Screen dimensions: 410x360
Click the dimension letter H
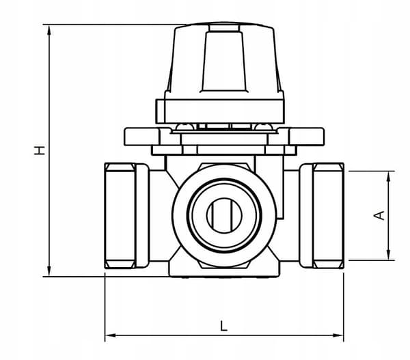[x=40, y=150]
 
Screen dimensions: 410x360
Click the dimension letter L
[x=223, y=326]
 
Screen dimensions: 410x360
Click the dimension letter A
[x=379, y=215]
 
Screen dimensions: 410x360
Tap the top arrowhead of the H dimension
[x=49, y=30]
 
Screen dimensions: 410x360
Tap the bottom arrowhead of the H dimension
[x=49, y=271]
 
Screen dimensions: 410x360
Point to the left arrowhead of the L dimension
[x=110, y=335]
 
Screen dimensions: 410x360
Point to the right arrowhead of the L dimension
[x=338, y=335]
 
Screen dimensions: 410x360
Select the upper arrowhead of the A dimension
[x=389, y=176]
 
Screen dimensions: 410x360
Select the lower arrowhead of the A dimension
[x=389, y=255]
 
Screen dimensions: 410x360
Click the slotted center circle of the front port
[x=224, y=215]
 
